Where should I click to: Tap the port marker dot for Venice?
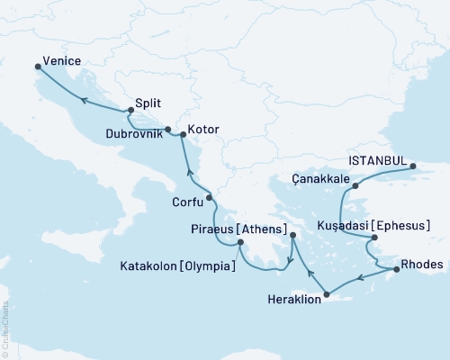(38, 66)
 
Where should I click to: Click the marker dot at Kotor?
(183, 135)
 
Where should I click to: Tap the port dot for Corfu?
(209, 197)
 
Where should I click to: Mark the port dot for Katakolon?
(240, 242)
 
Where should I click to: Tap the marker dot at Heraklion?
(328, 294)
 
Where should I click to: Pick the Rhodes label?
(422, 265)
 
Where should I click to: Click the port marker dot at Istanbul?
(412, 166)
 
